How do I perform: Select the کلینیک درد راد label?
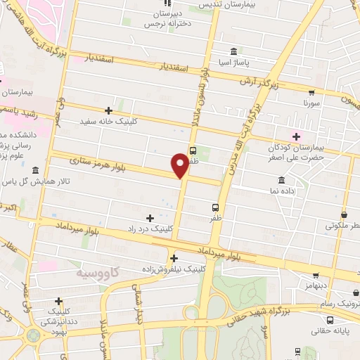coord(149,229)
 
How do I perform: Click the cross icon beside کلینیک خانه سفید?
coord(108,110)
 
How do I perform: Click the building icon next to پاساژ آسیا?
coord(233,51)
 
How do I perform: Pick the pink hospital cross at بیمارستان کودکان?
coord(297,136)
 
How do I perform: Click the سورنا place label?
coord(311,103)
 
